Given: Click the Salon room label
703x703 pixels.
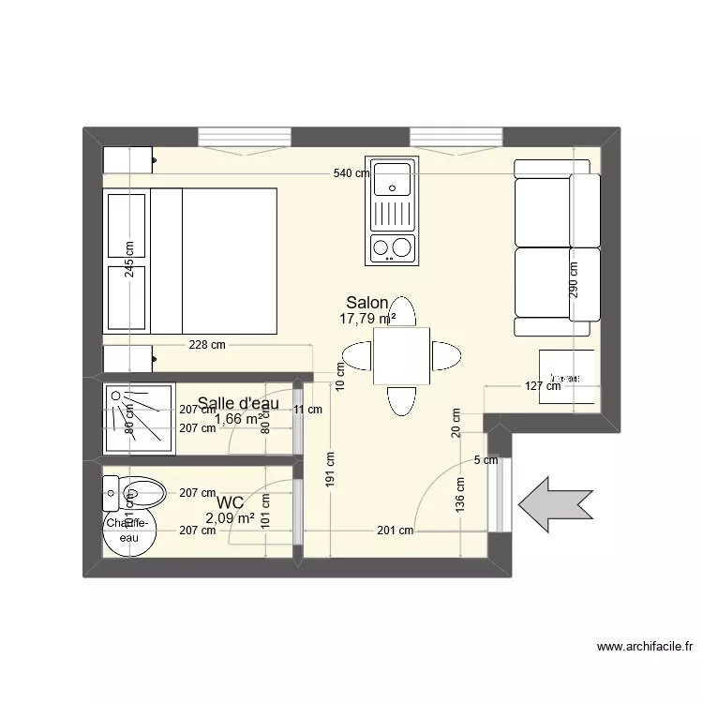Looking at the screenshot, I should [367, 303].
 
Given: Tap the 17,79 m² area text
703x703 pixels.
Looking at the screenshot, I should [367, 319].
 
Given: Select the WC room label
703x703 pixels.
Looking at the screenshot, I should [231, 503].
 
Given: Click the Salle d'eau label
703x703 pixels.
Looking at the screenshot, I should [239, 403].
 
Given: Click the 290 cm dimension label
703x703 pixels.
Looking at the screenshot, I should [574, 278].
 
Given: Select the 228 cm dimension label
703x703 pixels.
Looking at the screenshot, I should [206, 345].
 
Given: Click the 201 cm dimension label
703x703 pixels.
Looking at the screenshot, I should [395, 531].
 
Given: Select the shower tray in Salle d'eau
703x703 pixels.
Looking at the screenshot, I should [139, 418].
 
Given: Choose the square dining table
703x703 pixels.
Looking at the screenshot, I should [401, 356].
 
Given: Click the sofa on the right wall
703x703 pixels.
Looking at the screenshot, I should [557, 247].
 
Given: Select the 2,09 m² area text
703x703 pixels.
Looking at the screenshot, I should [230, 517].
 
